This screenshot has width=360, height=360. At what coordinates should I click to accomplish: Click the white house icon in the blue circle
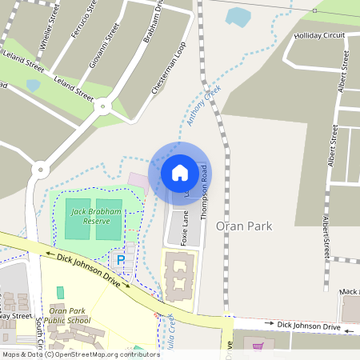(180, 172)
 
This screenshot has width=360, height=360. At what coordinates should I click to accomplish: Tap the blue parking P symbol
(121, 260)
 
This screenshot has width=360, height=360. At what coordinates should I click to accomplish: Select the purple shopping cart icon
(258, 346)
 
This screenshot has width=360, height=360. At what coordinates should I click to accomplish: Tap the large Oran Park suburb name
(244, 226)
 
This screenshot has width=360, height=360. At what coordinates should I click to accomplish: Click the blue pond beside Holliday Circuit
(238, 16)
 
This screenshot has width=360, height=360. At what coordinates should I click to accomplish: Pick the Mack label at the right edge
(349, 292)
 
